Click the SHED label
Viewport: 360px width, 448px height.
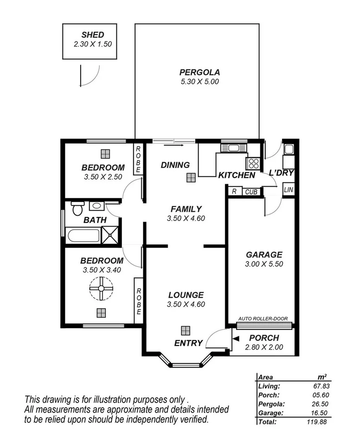tap(93, 35)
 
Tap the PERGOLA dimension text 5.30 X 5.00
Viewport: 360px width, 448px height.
tap(199, 81)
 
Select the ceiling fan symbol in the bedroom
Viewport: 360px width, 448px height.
tap(101, 289)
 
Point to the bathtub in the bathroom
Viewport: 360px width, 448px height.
tap(84, 235)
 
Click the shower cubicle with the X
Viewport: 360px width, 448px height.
tap(110, 235)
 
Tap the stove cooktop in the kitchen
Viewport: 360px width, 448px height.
tap(253, 163)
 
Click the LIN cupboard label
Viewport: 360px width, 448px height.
tap(289, 190)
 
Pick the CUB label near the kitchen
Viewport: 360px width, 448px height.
tap(251, 191)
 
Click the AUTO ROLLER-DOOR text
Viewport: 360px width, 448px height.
tap(263, 319)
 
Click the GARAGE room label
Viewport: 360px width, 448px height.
tap(264, 254)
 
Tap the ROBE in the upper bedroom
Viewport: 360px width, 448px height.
tap(138, 159)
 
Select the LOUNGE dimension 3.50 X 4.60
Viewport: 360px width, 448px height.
tap(186, 305)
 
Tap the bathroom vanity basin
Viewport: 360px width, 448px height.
tap(96, 206)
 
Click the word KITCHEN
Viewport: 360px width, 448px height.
tap(237, 175)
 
